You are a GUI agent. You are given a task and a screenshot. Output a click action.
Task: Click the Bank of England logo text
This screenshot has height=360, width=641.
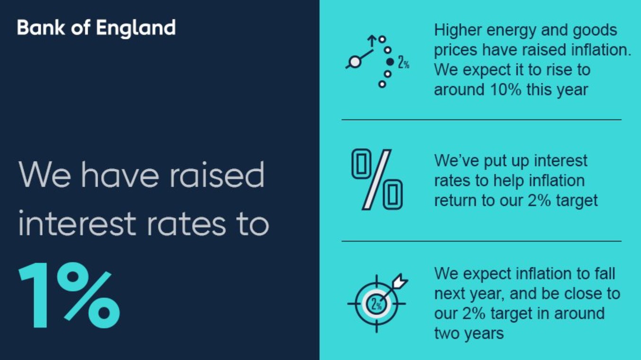point(96,28)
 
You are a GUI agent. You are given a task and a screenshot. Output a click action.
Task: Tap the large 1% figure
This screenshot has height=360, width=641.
point(70,295)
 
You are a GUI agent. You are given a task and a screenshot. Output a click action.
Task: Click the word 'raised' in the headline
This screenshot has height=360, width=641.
point(217,175)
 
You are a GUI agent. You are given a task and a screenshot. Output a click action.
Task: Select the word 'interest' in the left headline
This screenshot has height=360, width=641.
point(77,223)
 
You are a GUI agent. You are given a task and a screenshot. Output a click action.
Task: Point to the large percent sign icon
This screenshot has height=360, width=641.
point(377,180)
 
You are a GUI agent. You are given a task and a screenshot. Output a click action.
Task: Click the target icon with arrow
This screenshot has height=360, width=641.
point(378,303)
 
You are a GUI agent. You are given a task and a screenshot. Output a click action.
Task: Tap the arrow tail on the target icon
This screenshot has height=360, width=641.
point(400,281)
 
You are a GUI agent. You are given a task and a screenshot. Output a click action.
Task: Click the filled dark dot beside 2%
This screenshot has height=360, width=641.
point(390,62)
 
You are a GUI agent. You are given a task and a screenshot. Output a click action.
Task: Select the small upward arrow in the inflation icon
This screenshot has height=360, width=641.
point(372,41)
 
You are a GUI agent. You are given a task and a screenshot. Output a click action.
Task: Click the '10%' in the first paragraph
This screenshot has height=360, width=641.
point(506,90)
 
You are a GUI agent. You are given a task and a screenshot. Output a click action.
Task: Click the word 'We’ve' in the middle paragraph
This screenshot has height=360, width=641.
point(456,160)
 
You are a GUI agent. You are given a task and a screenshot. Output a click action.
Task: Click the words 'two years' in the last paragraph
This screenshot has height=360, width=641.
point(469,333)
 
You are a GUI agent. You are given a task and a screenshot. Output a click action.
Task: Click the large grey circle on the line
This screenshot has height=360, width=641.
point(355,62)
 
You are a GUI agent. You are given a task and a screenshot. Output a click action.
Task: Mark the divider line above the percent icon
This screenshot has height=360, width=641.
point(481,120)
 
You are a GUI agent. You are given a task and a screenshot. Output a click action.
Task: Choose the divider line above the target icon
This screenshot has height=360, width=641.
point(481,241)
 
